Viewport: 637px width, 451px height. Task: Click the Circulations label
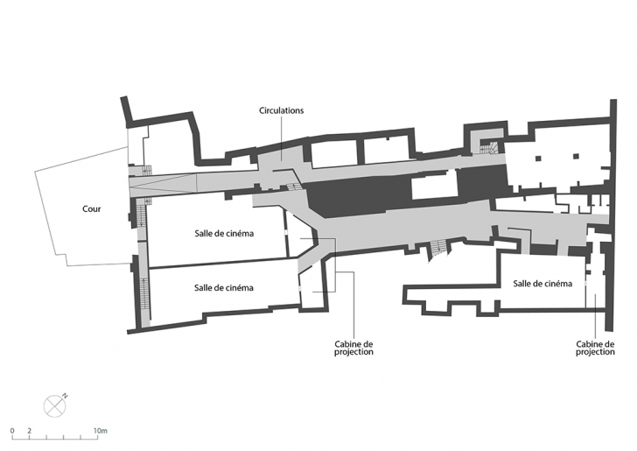click(x=281, y=110)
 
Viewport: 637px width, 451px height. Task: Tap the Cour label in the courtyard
click(x=91, y=209)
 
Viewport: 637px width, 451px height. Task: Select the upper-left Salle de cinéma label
click(x=224, y=234)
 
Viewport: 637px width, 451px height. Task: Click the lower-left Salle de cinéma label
click(x=224, y=288)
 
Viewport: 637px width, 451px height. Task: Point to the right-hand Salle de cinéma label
click(x=542, y=284)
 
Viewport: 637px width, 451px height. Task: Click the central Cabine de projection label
click(x=353, y=349)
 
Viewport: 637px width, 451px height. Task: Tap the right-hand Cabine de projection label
click(x=595, y=349)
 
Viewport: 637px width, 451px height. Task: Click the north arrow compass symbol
click(x=54, y=405)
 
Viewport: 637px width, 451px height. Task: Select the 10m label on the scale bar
click(x=101, y=431)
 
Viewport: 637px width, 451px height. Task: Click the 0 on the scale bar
click(x=12, y=431)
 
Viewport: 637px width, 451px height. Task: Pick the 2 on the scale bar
click(x=29, y=431)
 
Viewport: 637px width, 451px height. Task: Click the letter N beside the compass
click(x=65, y=395)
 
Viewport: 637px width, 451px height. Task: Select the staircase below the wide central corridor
click(x=438, y=248)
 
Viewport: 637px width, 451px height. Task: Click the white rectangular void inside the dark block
click(x=434, y=187)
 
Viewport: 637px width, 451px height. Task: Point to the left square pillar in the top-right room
click(x=538, y=159)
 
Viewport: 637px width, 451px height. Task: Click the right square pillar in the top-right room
click(x=576, y=156)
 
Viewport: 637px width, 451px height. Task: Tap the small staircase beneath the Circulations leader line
click(x=293, y=187)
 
